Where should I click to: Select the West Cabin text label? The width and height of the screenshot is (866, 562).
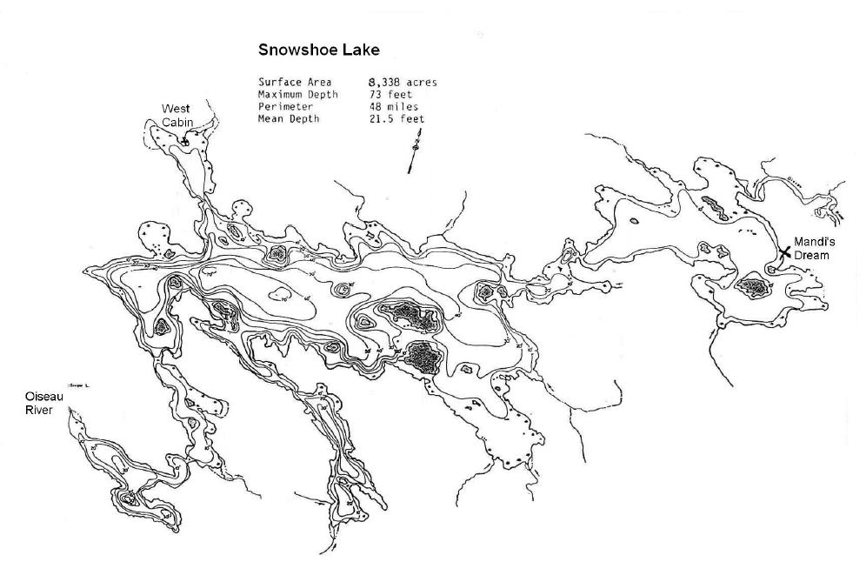click(177, 115)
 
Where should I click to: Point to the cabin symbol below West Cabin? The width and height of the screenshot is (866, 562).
click(185, 141)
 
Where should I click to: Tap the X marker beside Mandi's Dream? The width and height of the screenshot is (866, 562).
click(785, 251)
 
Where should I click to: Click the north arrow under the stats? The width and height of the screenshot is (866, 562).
click(414, 152)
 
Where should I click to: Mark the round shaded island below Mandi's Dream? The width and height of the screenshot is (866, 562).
click(750, 287)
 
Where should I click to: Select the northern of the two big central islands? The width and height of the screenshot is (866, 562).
click(410, 318)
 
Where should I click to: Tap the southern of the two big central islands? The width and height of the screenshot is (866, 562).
click(423, 357)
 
